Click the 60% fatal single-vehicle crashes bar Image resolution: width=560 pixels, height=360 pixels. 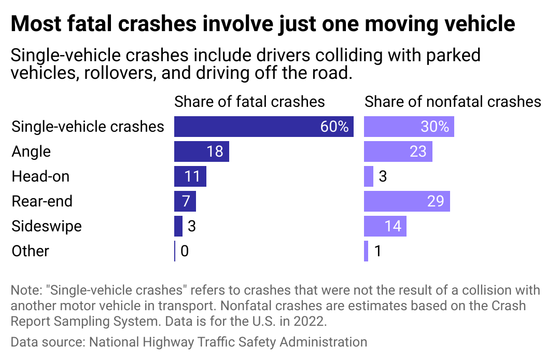[x=263, y=127]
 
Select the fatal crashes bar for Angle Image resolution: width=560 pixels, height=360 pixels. [x=201, y=151]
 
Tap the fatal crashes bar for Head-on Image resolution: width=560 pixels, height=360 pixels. [x=190, y=176]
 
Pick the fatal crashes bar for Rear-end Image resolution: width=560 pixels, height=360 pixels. [x=185, y=201]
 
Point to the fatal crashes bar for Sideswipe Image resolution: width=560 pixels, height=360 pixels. [x=178, y=226]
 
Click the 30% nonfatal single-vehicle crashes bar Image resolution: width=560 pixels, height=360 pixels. [x=409, y=127]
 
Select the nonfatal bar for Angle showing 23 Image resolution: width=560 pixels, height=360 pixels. [x=398, y=151]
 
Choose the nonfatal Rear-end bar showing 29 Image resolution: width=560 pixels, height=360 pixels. [x=407, y=201]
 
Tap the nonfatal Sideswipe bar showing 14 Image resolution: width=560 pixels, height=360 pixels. [x=385, y=226]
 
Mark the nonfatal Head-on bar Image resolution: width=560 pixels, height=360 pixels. [x=369, y=176]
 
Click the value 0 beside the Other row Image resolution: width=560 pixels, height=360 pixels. [x=184, y=252]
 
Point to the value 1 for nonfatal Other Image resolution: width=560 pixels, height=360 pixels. [x=377, y=252]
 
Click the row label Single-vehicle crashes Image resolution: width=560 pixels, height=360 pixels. [x=88, y=127]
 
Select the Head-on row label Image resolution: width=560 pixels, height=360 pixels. [x=40, y=176]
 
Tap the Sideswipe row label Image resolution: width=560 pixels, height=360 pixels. [x=47, y=226]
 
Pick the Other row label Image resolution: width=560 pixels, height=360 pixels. [x=31, y=251]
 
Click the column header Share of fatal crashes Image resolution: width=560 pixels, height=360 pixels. [x=249, y=101]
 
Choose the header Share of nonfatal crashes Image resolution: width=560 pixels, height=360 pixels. [x=453, y=101]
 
